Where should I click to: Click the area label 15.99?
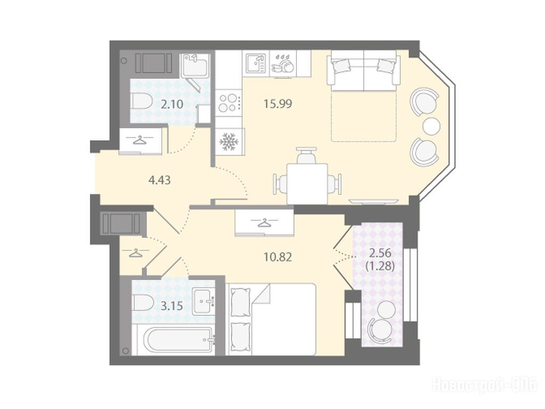click(x=278, y=104)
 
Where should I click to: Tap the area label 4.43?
click(x=159, y=180)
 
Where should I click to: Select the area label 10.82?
click(x=277, y=257)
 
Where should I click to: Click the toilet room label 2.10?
click(x=172, y=104)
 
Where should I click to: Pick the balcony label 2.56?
click(x=380, y=253)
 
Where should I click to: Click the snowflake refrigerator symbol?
click(x=228, y=142)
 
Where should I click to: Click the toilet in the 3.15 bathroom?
click(x=143, y=302)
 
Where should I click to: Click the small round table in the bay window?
click(x=432, y=126)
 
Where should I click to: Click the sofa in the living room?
click(x=364, y=71)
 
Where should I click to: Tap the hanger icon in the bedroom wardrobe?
click(x=264, y=222)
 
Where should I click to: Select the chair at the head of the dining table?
click(x=307, y=156)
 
